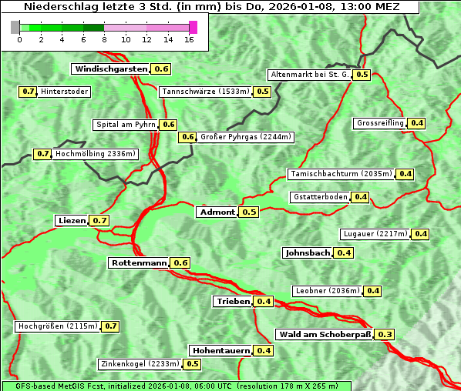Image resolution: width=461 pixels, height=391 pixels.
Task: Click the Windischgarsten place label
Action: (110, 69)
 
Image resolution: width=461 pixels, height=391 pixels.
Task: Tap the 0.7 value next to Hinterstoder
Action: (28, 92)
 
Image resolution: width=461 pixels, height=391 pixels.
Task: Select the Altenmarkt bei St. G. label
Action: (309, 75)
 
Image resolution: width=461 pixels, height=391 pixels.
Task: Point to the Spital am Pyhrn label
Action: (125, 125)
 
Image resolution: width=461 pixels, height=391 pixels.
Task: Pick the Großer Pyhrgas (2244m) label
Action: (245, 137)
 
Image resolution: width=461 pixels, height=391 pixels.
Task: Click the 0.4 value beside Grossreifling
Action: (417, 123)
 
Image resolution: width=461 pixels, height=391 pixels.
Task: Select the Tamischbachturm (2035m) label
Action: (340, 174)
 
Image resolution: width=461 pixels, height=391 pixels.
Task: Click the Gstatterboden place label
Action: (320, 197)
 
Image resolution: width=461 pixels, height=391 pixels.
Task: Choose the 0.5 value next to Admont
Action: (249, 212)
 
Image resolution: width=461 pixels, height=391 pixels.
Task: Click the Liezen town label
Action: (72, 221)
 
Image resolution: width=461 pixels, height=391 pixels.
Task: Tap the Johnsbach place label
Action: (308, 252)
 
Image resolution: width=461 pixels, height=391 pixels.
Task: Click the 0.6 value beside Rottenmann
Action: (180, 262)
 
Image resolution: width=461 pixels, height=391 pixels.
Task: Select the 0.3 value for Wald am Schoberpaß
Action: (385, 334)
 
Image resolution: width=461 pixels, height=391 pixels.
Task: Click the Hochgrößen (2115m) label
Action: (58, 326)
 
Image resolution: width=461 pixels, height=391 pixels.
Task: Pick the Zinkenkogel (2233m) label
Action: (140, 364)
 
